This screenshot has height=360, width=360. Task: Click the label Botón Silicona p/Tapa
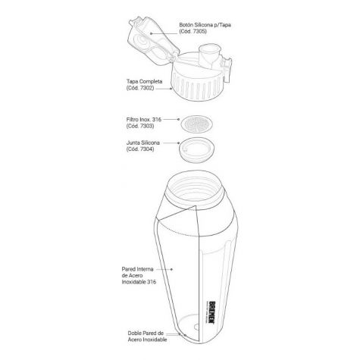(205, 25)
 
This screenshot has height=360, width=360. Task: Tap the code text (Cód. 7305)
(193, 31)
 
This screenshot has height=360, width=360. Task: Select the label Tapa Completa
(144, 82)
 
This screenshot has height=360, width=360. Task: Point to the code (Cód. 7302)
(140, 88)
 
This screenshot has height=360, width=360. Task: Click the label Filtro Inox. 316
(144, 119)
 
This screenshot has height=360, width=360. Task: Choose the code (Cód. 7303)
(140, 126)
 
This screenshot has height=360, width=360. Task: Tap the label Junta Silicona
(143, 142)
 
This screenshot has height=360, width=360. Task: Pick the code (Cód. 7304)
(140, 149)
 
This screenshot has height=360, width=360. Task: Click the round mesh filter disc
(196, 124)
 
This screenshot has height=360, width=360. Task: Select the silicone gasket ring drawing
(197, 149)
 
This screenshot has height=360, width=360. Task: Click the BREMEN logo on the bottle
(212, 312)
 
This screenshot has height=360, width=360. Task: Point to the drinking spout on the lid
(209, 55)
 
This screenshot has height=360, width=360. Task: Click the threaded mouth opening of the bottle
(196, 183)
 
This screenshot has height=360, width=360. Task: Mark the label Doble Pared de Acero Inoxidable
(147, 337)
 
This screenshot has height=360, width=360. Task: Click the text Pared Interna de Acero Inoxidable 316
(139, 276)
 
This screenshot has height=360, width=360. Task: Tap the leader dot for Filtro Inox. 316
(179, 119)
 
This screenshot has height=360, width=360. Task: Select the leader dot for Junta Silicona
(179, 143)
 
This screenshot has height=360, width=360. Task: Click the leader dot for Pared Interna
(171, 269)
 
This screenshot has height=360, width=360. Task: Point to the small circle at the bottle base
(196, 327)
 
